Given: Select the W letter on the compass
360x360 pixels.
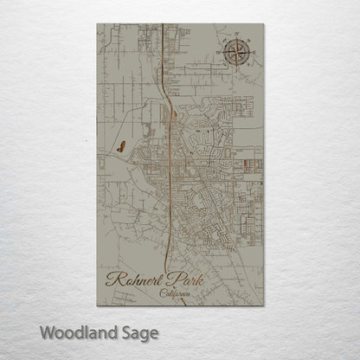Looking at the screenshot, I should (220, 54).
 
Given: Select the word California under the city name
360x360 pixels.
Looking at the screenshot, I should (178, 294).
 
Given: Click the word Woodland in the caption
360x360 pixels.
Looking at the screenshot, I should (75, 332).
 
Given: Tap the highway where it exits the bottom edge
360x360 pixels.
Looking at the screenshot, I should (167, 305).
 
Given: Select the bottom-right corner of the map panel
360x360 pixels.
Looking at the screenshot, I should (263, 305).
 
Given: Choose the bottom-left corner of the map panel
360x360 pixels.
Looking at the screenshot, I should (98, 305).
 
